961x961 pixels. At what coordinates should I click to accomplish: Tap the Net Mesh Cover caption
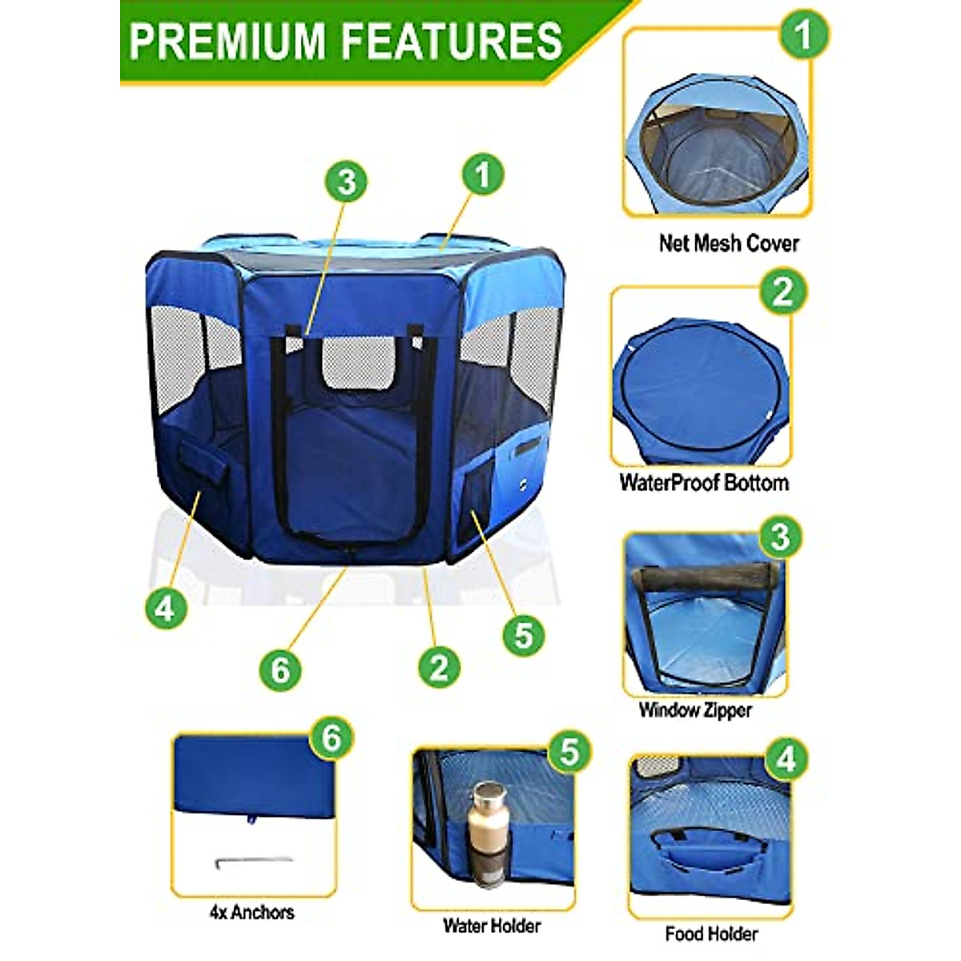(729, 243)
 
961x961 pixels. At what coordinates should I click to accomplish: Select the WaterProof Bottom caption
(704, 483)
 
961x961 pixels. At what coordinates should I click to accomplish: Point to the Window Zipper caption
(695, 710)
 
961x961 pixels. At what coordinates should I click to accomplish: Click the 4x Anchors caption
(251, 912)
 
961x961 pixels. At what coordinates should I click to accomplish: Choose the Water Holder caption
(492, 926)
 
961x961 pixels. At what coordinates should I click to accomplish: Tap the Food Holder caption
(711, 934)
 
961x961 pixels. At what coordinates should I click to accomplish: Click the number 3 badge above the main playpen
(346, 182)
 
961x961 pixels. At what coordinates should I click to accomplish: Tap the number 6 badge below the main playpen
(279, 668)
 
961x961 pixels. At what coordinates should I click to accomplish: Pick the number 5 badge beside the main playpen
(523, 635)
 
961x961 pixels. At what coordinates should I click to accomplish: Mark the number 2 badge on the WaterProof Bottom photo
(782, 292)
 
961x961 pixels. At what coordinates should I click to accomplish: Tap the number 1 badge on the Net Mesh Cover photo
(803, 34)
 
